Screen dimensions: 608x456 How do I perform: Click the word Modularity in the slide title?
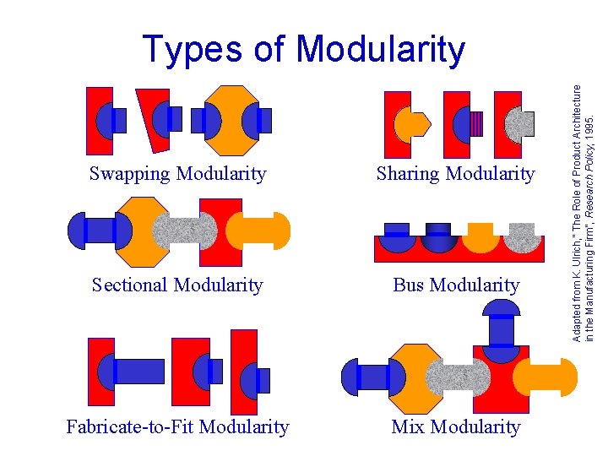pos(381,48)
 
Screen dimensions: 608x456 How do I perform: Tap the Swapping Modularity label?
pos(177,174)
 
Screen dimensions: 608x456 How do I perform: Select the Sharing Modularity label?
pos(455,174)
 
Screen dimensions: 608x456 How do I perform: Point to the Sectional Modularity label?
pos(177,285)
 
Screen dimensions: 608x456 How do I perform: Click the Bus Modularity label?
pos(456,285)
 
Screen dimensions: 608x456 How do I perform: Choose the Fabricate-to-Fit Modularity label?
pos(177,427)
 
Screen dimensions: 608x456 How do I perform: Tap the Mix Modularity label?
pos(456,427)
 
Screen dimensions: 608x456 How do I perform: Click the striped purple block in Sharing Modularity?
pos(477,124)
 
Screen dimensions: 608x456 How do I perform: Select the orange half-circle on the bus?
pos(480,237)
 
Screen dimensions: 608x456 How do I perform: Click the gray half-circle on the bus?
pos(524,237)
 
